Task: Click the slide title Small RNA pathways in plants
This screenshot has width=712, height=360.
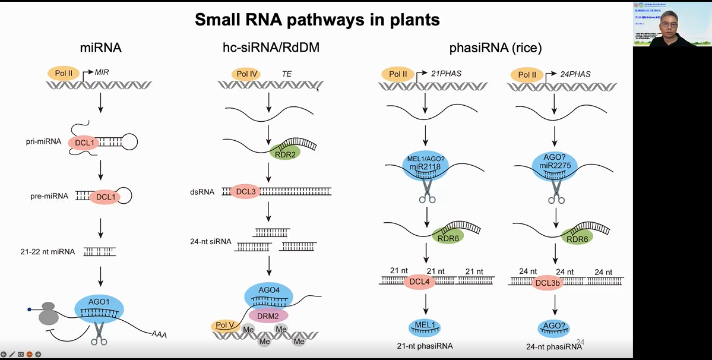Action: point(317,20)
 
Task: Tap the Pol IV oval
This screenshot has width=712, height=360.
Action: point(246,74)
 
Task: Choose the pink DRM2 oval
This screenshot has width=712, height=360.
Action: point(268,315)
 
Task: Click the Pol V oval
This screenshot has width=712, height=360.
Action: point(224,325)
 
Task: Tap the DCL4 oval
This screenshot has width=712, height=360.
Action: point(420,282)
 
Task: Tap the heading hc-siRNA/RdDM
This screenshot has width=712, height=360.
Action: point(267,48)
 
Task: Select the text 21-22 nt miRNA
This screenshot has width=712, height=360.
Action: point(48,252)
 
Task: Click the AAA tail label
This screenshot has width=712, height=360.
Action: point(159,335)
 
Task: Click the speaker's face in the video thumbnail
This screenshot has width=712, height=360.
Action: point(662,27)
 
